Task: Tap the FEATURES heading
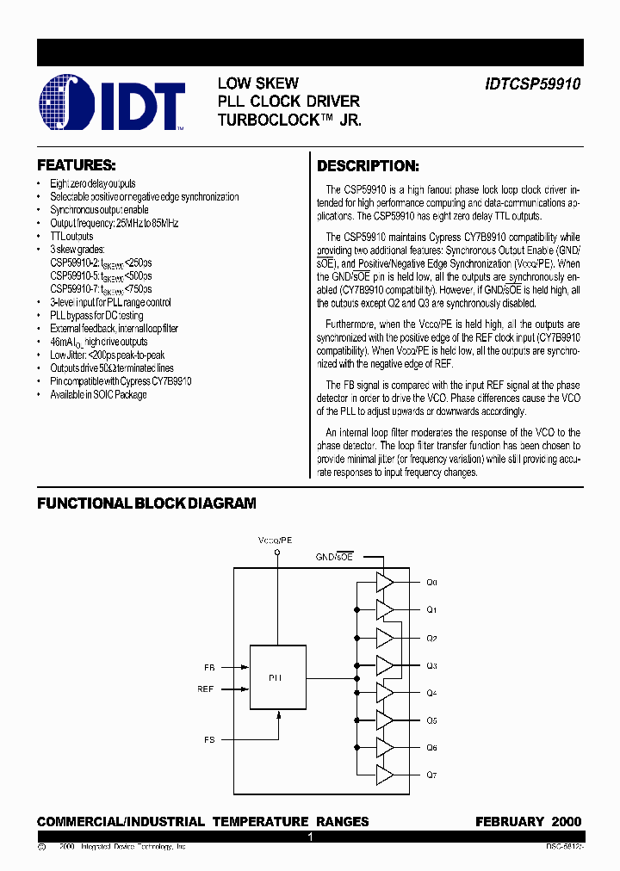[x=77, y=164]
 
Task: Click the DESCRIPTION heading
[x=369, y=166]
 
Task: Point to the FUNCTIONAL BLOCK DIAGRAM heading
[x=146, y=503]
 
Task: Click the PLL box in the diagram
[x=276, y=677]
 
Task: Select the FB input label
[x=209, y=667]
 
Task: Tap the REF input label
[x=206, y=689]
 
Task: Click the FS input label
[x=209, y=739]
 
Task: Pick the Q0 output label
[x=432, y=583]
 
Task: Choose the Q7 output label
[x=432, y=775]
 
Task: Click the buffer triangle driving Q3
[x=384, y=665]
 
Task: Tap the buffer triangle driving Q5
[x=384, y=720]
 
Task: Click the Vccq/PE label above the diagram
[x=276, y=539]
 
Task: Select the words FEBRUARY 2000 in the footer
[x=528, y=822]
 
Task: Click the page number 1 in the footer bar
[x=310, y=837]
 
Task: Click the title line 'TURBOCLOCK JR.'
[x=289, y=120]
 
